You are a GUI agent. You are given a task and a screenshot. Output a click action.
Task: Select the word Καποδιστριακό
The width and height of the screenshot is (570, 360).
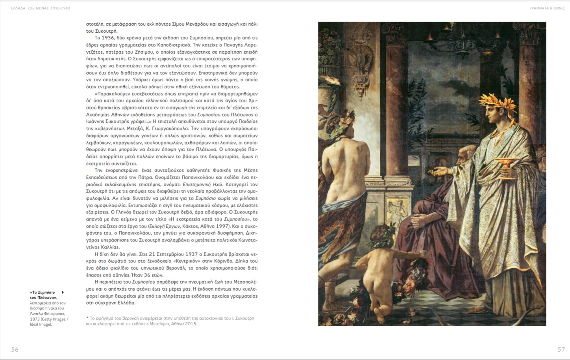(x=170, y=45)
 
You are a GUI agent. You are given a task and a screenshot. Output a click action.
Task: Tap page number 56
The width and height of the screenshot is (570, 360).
(x=15, y=349)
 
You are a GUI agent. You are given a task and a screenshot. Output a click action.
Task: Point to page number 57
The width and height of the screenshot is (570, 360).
(x=561, y=349)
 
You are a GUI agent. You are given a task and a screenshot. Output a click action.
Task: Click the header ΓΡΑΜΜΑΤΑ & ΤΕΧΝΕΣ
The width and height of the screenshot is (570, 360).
(x=547, y=8)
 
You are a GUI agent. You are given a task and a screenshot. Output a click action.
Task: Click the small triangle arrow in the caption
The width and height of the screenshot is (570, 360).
(x=63, y=292)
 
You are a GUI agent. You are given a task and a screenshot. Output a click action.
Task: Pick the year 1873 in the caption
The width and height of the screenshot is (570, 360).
(x=35, y=319)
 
